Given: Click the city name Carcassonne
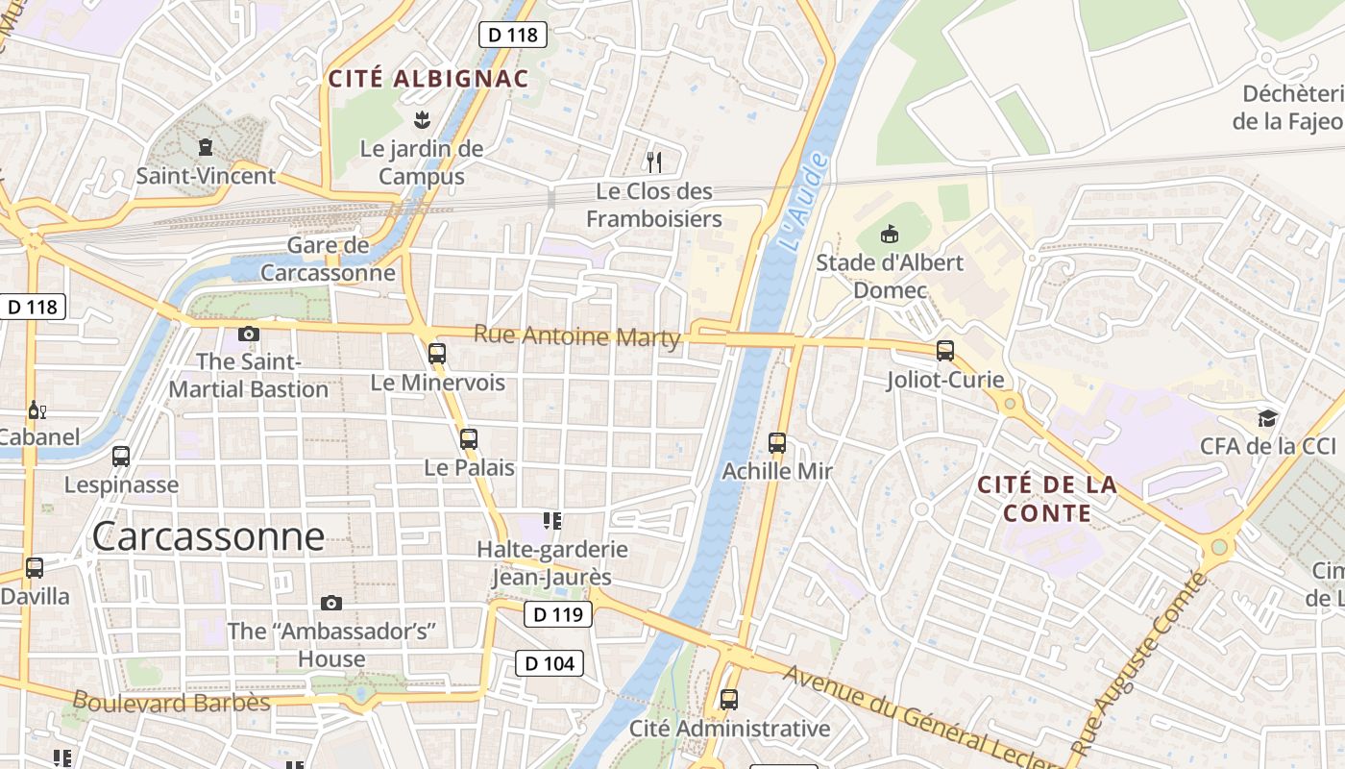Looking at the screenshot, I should click(208, 536).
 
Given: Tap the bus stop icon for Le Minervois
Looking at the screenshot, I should click(437, 354).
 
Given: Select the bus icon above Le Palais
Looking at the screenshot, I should click(469, 439).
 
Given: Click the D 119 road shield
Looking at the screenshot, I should click(558, 614).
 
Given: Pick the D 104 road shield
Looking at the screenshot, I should click(550, 662).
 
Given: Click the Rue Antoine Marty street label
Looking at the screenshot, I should click(577, 336).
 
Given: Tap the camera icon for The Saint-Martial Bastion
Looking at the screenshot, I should click(249, 334).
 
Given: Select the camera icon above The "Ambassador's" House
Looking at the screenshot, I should click(331, 603).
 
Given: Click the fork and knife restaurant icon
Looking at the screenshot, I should click(654, 161).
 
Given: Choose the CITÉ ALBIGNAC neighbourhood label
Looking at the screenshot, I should click(428, 79).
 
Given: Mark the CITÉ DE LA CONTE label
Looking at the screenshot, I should click(1047, 499).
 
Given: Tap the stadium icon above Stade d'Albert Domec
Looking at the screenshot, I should click(890, 234).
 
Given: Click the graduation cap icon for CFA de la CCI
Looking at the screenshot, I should click(1268, 418).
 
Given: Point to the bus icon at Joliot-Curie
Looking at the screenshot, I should click(945, 351).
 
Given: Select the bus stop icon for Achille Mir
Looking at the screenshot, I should click(777, 443).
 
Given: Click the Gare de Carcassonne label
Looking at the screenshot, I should click(329, 259).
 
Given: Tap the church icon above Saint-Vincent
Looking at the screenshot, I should click(205, 147).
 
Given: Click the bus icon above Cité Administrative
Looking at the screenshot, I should click(729, 699).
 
